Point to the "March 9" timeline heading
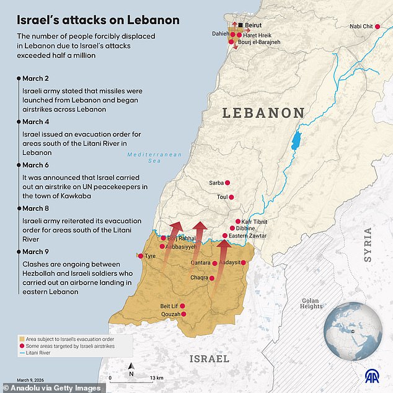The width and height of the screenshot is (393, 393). click(35, 251)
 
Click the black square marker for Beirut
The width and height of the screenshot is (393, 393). click(241, 25)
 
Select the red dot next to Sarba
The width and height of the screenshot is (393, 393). click(227, 183)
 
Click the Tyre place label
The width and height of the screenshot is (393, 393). click(151, 256)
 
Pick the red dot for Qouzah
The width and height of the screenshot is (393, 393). click(183, 314)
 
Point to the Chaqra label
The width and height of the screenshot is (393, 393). click(200, 277)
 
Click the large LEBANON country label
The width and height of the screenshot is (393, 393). click(263, 113)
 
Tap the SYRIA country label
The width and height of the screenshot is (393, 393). click(368, 245)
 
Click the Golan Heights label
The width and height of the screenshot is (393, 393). click(311, 304)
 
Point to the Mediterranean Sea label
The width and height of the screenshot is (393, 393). click(146, 157)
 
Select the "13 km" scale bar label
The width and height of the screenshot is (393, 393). click(156, 378)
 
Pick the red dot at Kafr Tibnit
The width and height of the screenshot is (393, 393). click(237, 221)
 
